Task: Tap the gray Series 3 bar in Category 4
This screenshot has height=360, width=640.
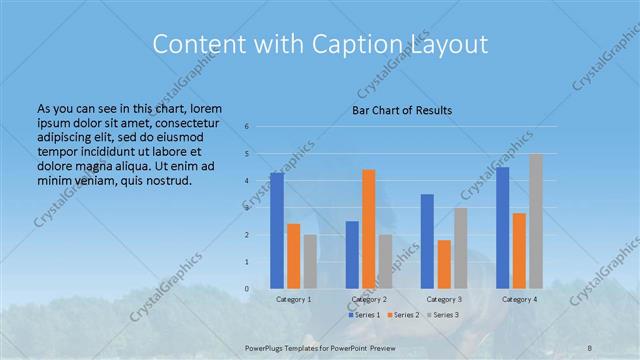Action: pos(536,221)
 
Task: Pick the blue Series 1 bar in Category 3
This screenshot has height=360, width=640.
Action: pos(427,240)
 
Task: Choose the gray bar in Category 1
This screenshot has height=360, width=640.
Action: pos(310,261)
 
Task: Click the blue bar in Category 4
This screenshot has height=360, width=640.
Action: pos(502,227)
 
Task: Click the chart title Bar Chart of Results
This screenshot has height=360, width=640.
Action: pos(401,109)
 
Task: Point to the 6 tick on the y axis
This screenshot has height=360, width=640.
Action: pos(247,127)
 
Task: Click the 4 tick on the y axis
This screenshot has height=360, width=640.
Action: pos(247,181)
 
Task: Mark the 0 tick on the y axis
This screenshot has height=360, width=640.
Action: pos(247,289)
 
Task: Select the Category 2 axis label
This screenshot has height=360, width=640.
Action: pos(368,299)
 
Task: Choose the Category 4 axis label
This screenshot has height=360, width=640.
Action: pos(519,299)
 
